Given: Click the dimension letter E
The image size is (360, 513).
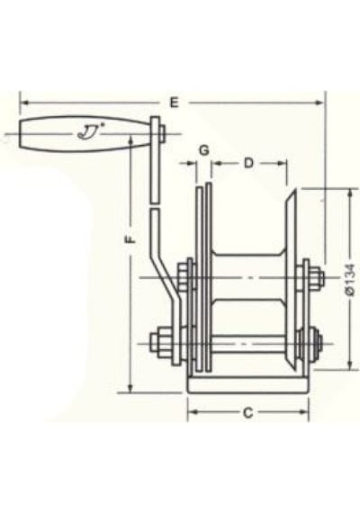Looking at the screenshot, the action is [x=175, y=103].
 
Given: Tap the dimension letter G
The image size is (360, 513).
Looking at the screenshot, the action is [x=204, y=150].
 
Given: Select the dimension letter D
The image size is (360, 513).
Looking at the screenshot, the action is [x=248, y=163].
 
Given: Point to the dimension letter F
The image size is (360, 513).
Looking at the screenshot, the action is [x=130, y=239].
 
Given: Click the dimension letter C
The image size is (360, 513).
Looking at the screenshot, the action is [x=248, y=413].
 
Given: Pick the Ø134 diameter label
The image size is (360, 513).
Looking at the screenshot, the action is [x=349, y=279].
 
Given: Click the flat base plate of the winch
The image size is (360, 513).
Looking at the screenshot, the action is [x=248, y=385].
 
